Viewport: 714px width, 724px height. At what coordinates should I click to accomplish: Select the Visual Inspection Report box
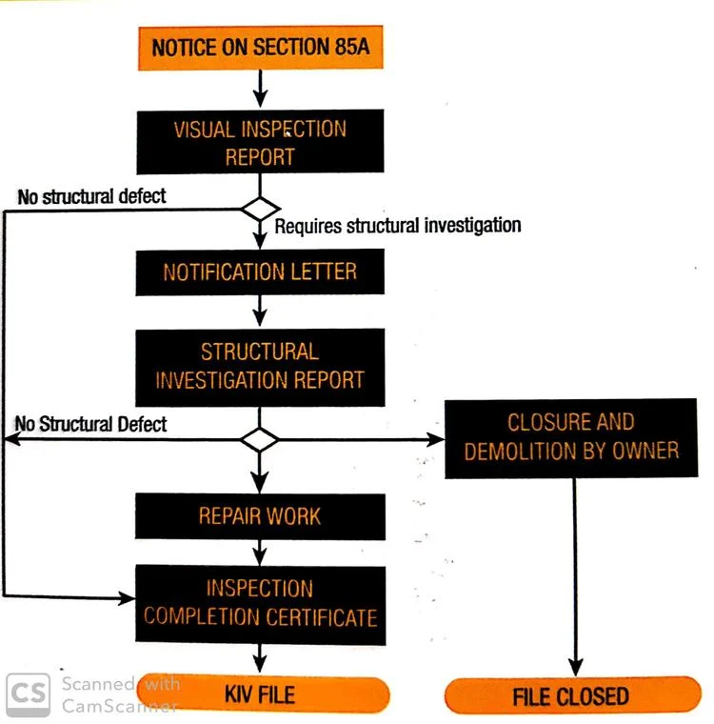[259, 143]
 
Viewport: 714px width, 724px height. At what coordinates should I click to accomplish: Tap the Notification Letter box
[259, 272]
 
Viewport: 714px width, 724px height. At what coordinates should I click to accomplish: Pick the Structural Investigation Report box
[259, 366]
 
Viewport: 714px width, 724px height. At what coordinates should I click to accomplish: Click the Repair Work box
[259, 516]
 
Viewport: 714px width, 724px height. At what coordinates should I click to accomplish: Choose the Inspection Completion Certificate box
[259, 602]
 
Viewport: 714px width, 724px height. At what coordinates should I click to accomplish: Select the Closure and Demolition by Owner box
[570, 436]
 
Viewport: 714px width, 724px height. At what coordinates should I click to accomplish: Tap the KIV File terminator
[259, 694]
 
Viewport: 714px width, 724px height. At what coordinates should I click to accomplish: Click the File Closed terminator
[571, 695]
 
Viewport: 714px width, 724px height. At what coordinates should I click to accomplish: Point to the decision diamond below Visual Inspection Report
[259, 208]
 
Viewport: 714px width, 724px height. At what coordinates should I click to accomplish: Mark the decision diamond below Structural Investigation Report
[259, 439]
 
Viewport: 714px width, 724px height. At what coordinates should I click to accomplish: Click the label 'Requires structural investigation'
[398, 226]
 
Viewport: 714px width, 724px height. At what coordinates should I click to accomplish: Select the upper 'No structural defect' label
[91, 196]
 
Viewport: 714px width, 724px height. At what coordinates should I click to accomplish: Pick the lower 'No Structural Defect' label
[91, 424]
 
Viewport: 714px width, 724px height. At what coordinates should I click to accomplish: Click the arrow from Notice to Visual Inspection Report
[259, 90]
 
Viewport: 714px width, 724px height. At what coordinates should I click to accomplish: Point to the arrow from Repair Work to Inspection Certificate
[259, 553]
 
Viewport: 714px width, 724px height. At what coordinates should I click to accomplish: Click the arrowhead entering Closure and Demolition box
[436, 439]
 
